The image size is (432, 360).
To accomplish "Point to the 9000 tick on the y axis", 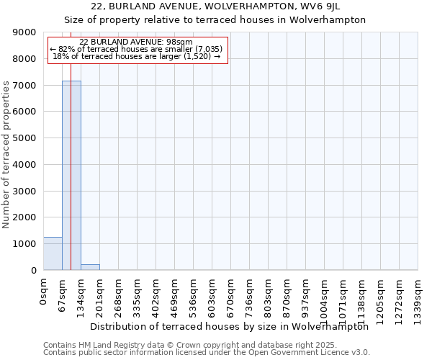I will (x=25, y=32).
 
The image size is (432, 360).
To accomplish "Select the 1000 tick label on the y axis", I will (x=25, y=244).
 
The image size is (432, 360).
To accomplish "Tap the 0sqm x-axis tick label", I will (x=44, y=292).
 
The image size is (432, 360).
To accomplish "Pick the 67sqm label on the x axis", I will (x=63, y=294).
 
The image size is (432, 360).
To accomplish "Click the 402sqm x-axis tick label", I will (x=156, y=296).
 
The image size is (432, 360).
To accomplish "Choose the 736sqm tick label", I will (x=250, y=296).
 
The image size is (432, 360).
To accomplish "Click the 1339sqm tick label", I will (x=418, y=298).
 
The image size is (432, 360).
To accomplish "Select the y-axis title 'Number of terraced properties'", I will (x=6, y=155).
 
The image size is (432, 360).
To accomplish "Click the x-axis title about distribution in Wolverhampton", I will (x=230, y=326).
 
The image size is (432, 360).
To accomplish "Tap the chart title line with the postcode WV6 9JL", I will (x=215, y=7).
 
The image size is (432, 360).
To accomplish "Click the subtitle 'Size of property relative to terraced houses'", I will (x=215, y=20).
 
